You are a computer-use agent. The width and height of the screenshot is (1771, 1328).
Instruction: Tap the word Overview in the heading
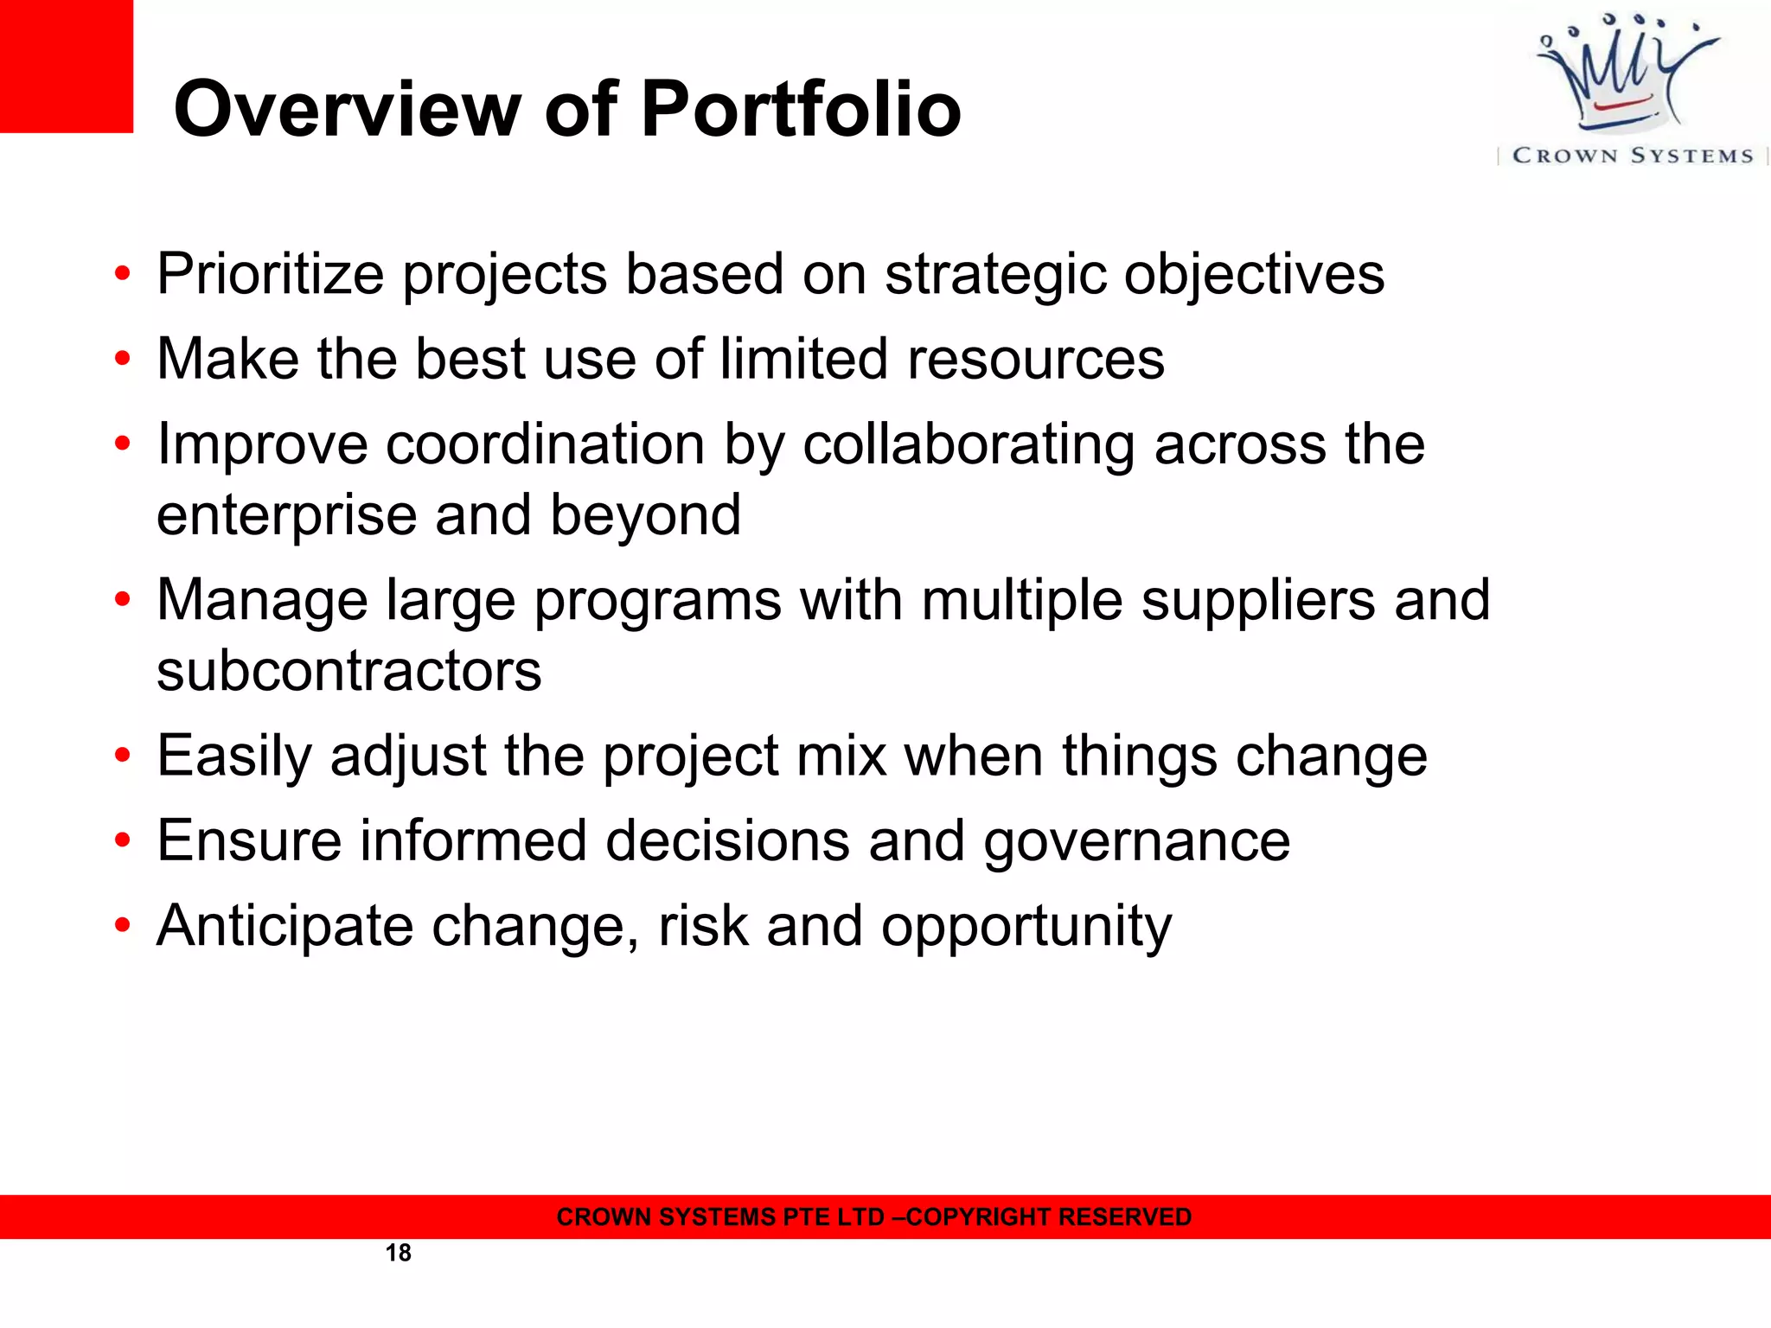click(x=347, y=110)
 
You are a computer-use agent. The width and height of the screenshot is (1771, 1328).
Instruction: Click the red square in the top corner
click(x=66, y=66)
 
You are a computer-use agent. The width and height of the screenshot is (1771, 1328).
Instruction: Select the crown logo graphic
click(x=1627, y=73)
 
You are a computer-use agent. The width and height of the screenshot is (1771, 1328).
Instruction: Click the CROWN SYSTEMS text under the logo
click(x=1633, y=156)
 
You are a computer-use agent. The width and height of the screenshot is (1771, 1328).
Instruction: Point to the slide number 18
click(x=398, y=1253)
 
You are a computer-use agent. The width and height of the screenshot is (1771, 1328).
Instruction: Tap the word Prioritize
click(x=270, y=275)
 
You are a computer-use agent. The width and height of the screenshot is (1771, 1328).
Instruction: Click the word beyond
click(x=645, y=515)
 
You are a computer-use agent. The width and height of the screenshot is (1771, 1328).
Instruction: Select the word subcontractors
click(x=348, y=670)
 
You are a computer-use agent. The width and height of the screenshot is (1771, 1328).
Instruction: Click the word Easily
click(x=233, y=757)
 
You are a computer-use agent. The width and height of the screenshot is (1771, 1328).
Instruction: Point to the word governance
click(x=1136, y=841)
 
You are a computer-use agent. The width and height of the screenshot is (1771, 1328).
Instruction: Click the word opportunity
click(x=1026, y=927)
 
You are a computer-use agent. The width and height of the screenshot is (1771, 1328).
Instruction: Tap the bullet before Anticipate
click(x=123, y=926)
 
